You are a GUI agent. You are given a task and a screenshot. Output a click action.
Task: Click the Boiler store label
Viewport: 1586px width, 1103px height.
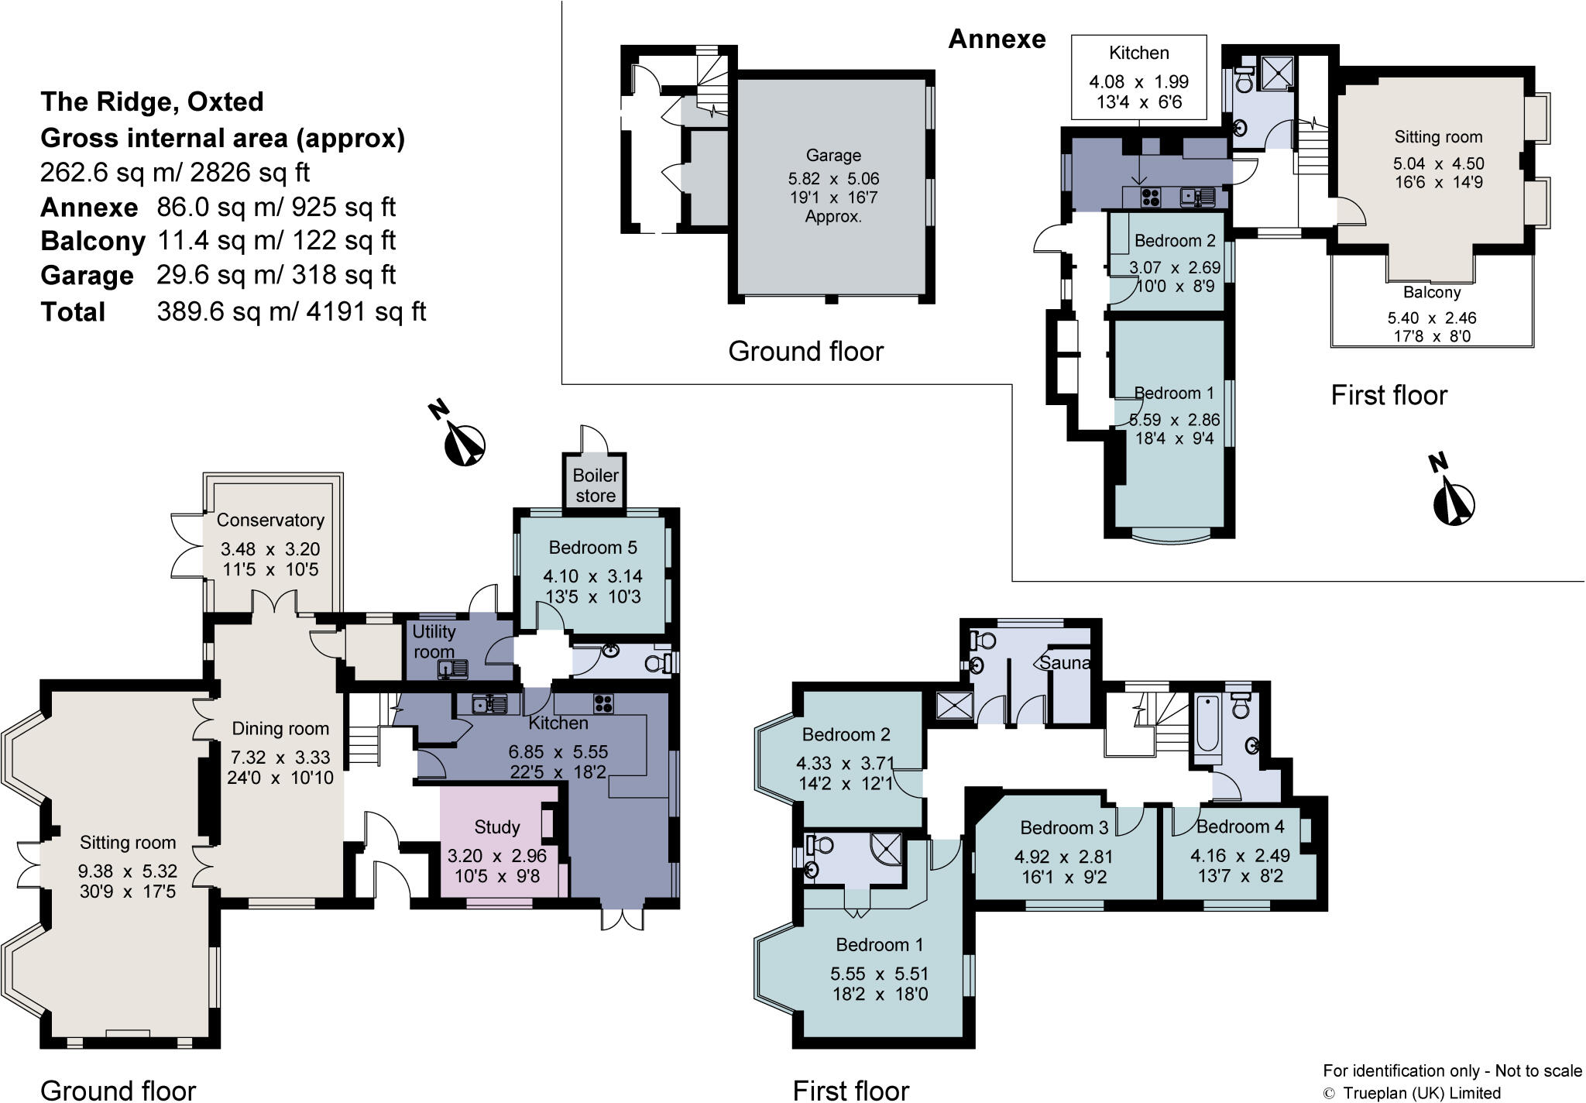pos(596,486)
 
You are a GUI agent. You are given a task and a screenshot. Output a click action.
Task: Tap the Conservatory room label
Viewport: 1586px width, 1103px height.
pos(270,520)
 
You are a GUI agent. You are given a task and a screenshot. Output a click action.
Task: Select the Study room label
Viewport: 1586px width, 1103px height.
pos(497,827)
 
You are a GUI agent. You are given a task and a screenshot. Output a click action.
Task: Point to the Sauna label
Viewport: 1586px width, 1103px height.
pos(1065,663)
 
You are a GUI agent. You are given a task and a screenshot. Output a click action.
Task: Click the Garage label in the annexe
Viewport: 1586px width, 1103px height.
pos(833,156)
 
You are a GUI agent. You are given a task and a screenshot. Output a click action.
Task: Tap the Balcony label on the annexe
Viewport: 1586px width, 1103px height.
pos(1432,293)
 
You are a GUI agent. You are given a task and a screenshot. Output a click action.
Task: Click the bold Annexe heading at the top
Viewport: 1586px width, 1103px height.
pos(997,39)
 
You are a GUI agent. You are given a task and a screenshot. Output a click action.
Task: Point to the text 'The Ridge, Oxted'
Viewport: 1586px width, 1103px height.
pos(152,101)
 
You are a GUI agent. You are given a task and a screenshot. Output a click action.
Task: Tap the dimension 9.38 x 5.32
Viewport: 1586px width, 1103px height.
pos(127,871)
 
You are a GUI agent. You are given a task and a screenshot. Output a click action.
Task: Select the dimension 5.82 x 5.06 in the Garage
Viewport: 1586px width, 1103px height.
pos(833,179)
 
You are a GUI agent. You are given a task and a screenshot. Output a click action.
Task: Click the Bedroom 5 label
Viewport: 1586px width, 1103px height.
pos(592,548)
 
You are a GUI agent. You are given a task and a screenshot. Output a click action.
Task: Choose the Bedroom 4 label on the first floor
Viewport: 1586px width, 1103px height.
pos(1240,826)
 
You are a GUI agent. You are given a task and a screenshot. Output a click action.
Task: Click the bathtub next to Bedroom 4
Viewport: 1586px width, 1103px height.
pos(1207,725)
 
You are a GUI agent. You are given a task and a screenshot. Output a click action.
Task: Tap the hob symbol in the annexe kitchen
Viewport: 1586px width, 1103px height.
pos(1149,197)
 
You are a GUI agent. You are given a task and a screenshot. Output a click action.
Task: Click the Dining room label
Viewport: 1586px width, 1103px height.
pos(280,728)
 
